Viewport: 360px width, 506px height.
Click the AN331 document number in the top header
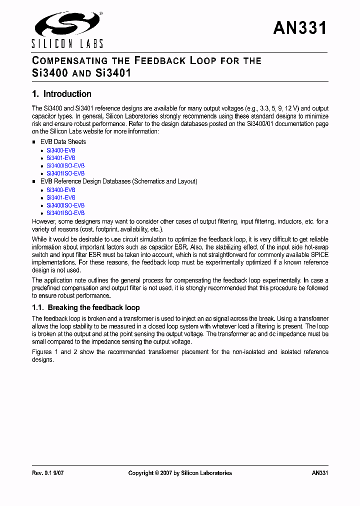tap(300, 28)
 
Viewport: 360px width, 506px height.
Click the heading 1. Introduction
tap(61, 94)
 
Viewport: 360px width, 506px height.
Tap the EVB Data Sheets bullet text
tap(63, 142)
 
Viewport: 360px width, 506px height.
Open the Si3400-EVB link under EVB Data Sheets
tap(61, 150)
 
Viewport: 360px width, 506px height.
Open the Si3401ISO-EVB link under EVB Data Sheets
tap(65, 173)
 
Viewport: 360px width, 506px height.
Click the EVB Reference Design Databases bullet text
tap(118, 181)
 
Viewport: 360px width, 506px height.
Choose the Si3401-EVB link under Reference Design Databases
tap(61, 197)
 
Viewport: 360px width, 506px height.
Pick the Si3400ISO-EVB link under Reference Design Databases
tap(65, 205)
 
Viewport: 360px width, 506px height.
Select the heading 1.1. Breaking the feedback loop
tap(86, 308)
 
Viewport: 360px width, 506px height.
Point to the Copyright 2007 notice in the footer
tap(180, 473)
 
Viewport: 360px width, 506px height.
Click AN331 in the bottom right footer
tap(319, 473)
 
